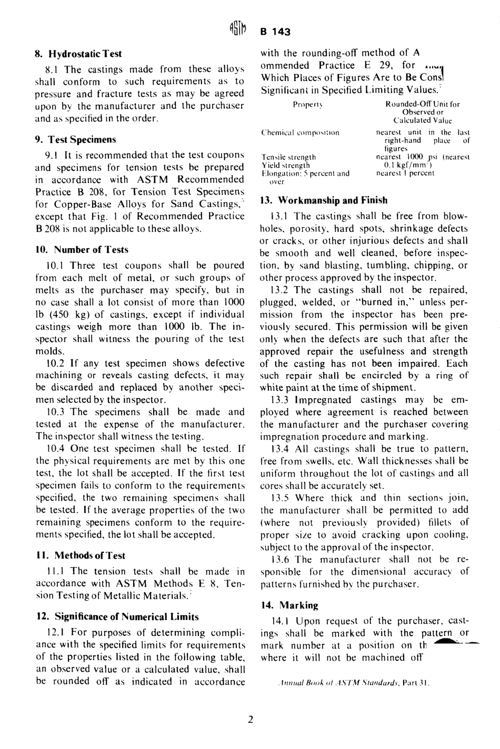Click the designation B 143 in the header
[x=275, y=32]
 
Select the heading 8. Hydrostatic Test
[x=78, y=54]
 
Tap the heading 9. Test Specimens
[x=75, y=140]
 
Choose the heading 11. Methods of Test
[x=80, y=556]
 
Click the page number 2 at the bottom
[x=251, y=720]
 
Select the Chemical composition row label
[x=300, y=133]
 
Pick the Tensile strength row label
[x=288, y=157]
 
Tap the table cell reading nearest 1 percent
[x=405, y=173]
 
